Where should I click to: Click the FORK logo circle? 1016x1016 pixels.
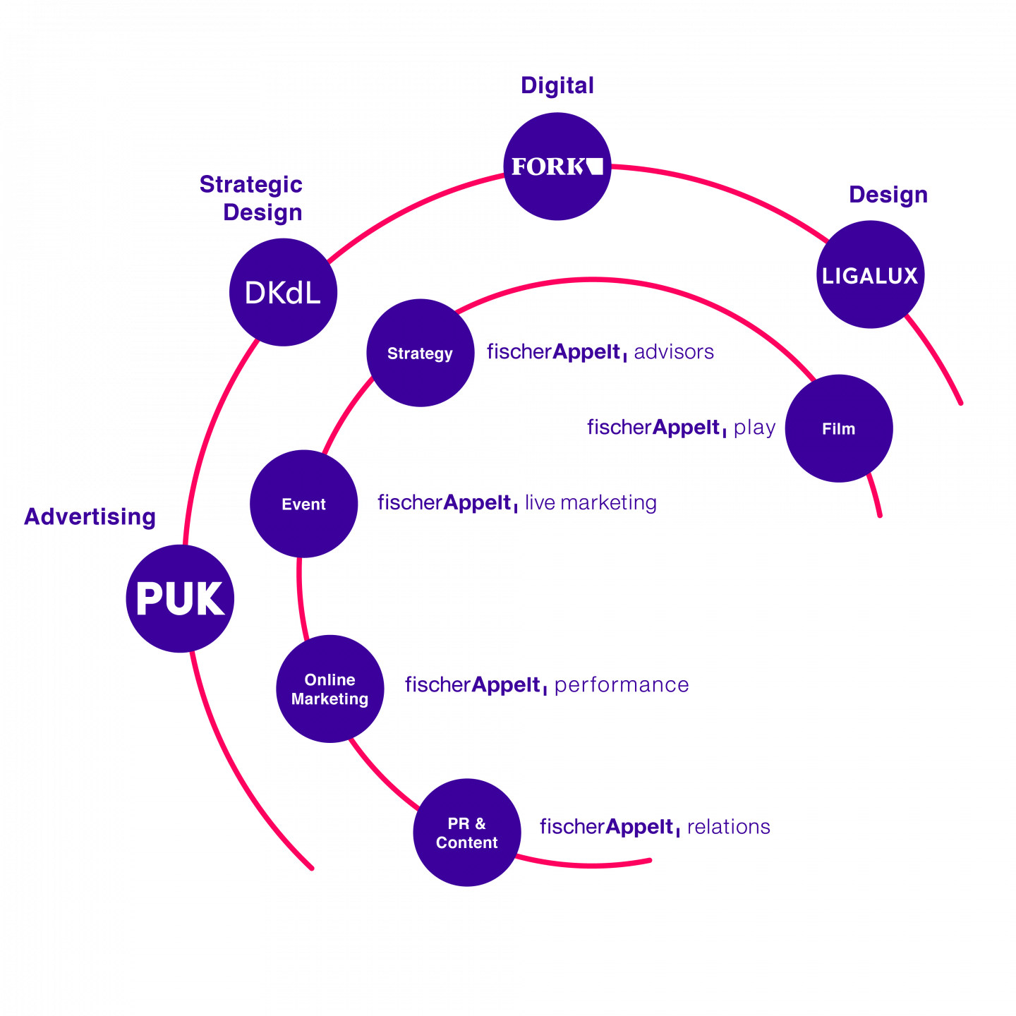coord(557,166)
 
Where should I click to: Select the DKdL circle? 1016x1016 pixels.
coord(283,292)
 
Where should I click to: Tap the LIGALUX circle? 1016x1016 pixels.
coord(870,274)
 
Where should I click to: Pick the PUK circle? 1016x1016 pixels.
coord(180,598)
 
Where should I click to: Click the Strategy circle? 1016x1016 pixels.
coord(421,353)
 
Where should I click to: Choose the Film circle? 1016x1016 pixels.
coord(838,428)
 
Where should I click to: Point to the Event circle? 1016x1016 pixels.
coord(303,504)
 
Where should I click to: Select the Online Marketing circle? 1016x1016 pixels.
coord(330,689)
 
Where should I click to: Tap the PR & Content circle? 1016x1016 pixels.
coord(466,833)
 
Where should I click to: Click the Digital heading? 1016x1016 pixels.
coord(557,85)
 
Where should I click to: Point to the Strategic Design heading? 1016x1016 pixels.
coord(251,198)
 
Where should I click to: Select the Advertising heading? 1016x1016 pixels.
coord(90,516)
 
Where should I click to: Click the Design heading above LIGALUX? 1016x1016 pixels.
coord(888,195)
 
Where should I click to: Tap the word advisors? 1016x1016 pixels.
coord(673,351)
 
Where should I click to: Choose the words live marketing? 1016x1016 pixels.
coord(591,502)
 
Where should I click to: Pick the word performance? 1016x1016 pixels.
coord(621,685)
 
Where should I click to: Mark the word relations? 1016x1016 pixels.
coord(728,827)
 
